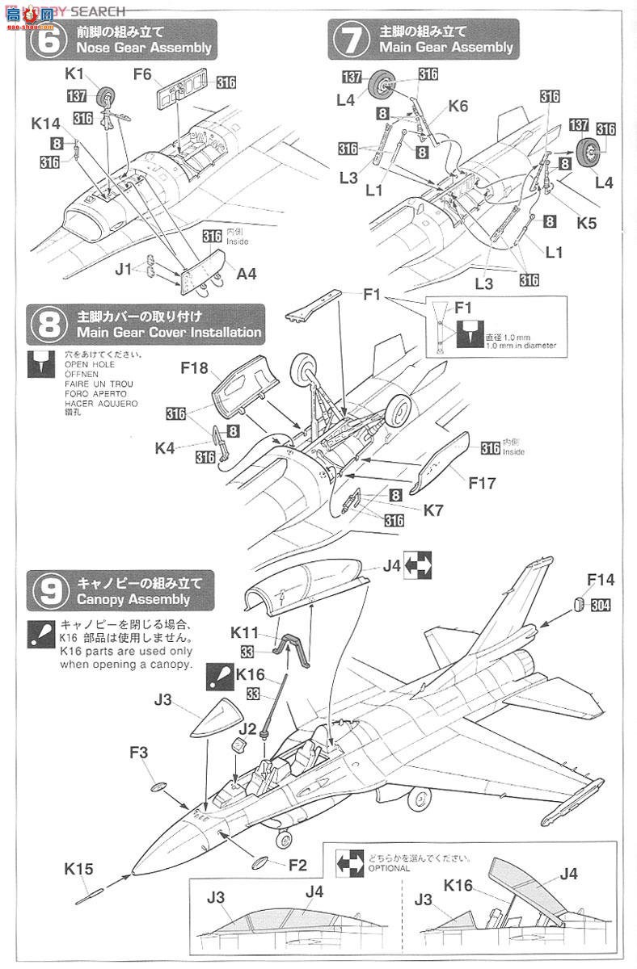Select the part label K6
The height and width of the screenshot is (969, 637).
click(458, 107)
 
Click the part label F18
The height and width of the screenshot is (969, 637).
click(194, 368)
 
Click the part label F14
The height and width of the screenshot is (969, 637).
click(601, 579)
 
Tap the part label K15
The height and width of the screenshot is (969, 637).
click(79, 869)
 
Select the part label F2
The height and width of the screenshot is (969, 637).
click(297, 866)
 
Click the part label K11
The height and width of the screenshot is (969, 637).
click(245, 632)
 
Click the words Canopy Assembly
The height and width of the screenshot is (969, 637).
click(133, 599)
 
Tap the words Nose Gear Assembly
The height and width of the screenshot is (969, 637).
click(144, 48)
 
